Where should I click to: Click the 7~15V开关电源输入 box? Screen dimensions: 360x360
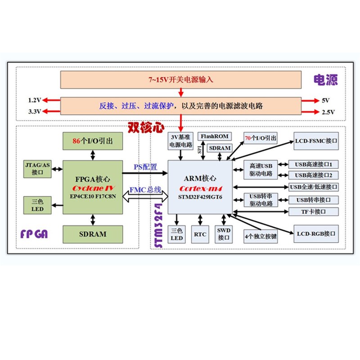[x=181, y=80]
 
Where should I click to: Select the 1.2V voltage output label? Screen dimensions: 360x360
[x=35, y=100]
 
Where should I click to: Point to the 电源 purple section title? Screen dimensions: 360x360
[x=325, y=80]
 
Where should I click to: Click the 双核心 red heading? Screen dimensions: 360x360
[x=146, y=128]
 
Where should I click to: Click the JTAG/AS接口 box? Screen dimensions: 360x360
[x=37, y=169]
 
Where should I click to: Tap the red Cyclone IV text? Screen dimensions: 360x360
[x=93, y=187]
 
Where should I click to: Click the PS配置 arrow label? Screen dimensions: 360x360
[x=145, y=167]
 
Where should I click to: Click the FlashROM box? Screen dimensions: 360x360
[x=215, y=136]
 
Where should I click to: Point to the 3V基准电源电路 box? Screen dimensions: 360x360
[x=180, y=141]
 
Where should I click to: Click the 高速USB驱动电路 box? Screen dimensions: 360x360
[x=261, y=170]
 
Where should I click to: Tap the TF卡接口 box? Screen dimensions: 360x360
[x=313, y=211]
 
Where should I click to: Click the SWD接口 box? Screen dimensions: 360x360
[x=224, y=234]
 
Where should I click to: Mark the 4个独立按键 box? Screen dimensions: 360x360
[x=261, y=235]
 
